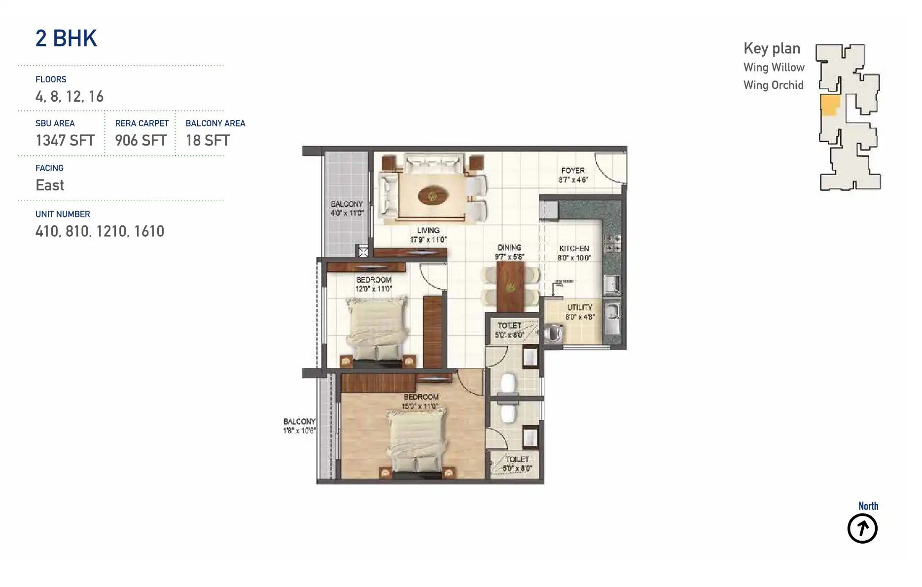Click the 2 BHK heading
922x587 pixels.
66,38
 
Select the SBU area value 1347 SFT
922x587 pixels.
65,141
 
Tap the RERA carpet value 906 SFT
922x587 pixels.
141,141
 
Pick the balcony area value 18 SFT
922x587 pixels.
208,141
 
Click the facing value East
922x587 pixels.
50,185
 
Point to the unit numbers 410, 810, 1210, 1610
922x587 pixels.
100,231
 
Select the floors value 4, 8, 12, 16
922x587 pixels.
70,97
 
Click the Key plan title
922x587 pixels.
772,48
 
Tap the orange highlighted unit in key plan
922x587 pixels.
829,105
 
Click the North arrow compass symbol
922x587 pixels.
862,528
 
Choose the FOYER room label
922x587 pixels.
573,171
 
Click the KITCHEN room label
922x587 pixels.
574,249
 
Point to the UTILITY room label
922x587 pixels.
580,307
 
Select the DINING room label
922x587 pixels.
509,248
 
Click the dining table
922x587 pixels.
510,286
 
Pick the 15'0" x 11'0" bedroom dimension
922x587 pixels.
420,406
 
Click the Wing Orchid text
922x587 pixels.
773,85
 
